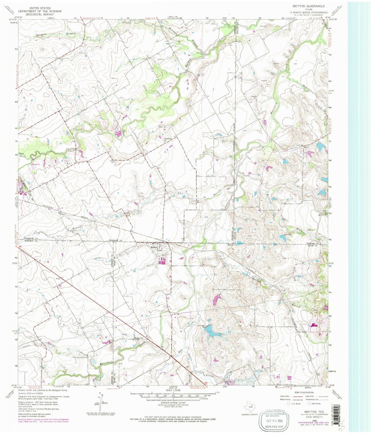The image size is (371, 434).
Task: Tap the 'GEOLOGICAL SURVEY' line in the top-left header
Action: [x=40, y=14]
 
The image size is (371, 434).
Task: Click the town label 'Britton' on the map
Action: [x=154, y=247]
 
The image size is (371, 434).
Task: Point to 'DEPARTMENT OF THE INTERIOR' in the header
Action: [x=40, y=11]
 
